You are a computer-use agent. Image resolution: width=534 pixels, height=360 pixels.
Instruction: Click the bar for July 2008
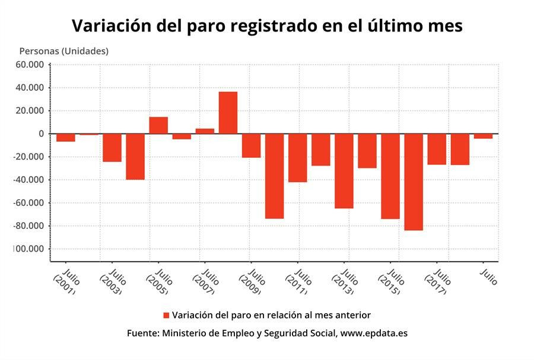228,113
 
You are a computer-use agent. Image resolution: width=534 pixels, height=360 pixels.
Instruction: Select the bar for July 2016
414,181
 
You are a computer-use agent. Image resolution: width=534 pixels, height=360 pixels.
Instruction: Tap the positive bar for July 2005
158,125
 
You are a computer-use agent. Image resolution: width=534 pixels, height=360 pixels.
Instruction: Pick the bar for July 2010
274,176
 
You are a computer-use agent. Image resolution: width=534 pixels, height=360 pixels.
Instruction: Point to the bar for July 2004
135,157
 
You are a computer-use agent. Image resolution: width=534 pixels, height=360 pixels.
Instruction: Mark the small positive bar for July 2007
205,131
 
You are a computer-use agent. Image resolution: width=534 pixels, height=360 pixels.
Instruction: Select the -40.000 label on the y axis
30,180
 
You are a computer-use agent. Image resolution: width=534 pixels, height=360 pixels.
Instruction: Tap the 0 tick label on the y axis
42,134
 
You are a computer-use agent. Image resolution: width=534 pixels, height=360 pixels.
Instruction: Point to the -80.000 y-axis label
30,226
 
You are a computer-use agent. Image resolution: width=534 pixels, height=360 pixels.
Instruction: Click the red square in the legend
167,315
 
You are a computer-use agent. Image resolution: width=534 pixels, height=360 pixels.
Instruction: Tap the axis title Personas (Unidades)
64,51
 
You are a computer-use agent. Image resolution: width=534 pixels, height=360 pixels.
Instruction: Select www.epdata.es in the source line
374,333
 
